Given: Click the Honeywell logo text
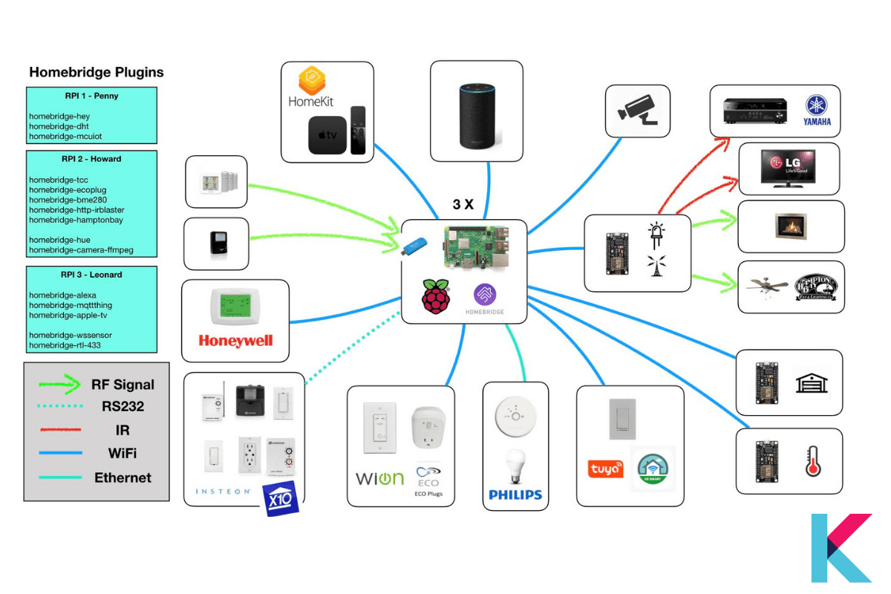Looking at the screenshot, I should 235,341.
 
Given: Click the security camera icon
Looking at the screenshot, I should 637,110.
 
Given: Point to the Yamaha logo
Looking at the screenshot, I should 817,111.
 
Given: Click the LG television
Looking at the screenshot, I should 788,168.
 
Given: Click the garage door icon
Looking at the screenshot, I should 811,382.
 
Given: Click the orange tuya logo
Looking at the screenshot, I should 605,469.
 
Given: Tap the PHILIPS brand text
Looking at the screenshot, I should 515,495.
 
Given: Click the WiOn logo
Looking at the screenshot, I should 379,477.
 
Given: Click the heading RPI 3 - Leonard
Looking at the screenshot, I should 92,275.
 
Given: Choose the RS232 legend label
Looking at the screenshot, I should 123,406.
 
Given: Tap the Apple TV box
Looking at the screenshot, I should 327,135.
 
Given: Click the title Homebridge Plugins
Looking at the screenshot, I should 97,73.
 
